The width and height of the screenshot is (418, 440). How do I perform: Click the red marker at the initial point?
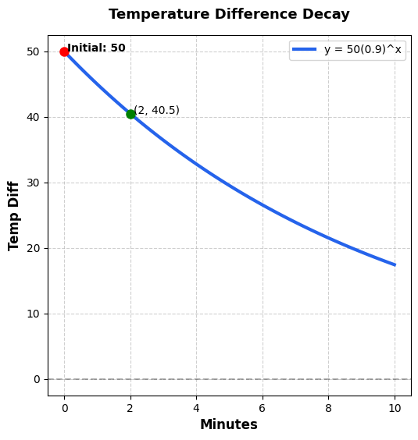coord(64,51)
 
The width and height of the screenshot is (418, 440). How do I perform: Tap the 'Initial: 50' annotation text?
coord(96,48)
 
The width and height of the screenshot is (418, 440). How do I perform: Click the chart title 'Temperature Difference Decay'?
coord(229,15)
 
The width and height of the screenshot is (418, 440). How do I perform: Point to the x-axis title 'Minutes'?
coord(229,424)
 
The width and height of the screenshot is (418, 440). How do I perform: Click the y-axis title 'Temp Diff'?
coord(14,215)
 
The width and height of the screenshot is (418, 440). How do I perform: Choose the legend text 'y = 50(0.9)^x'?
coord(363,50)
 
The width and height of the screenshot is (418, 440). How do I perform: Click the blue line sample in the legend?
coord(304,50)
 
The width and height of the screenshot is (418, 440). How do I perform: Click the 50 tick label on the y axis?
coord(33,51)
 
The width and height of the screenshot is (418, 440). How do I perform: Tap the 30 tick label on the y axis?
coord(33,183)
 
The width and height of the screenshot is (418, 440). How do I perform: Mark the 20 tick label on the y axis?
coord(33,248)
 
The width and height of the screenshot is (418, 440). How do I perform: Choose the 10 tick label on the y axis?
coord(33,314)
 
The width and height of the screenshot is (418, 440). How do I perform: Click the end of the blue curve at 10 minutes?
coord(395,264)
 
